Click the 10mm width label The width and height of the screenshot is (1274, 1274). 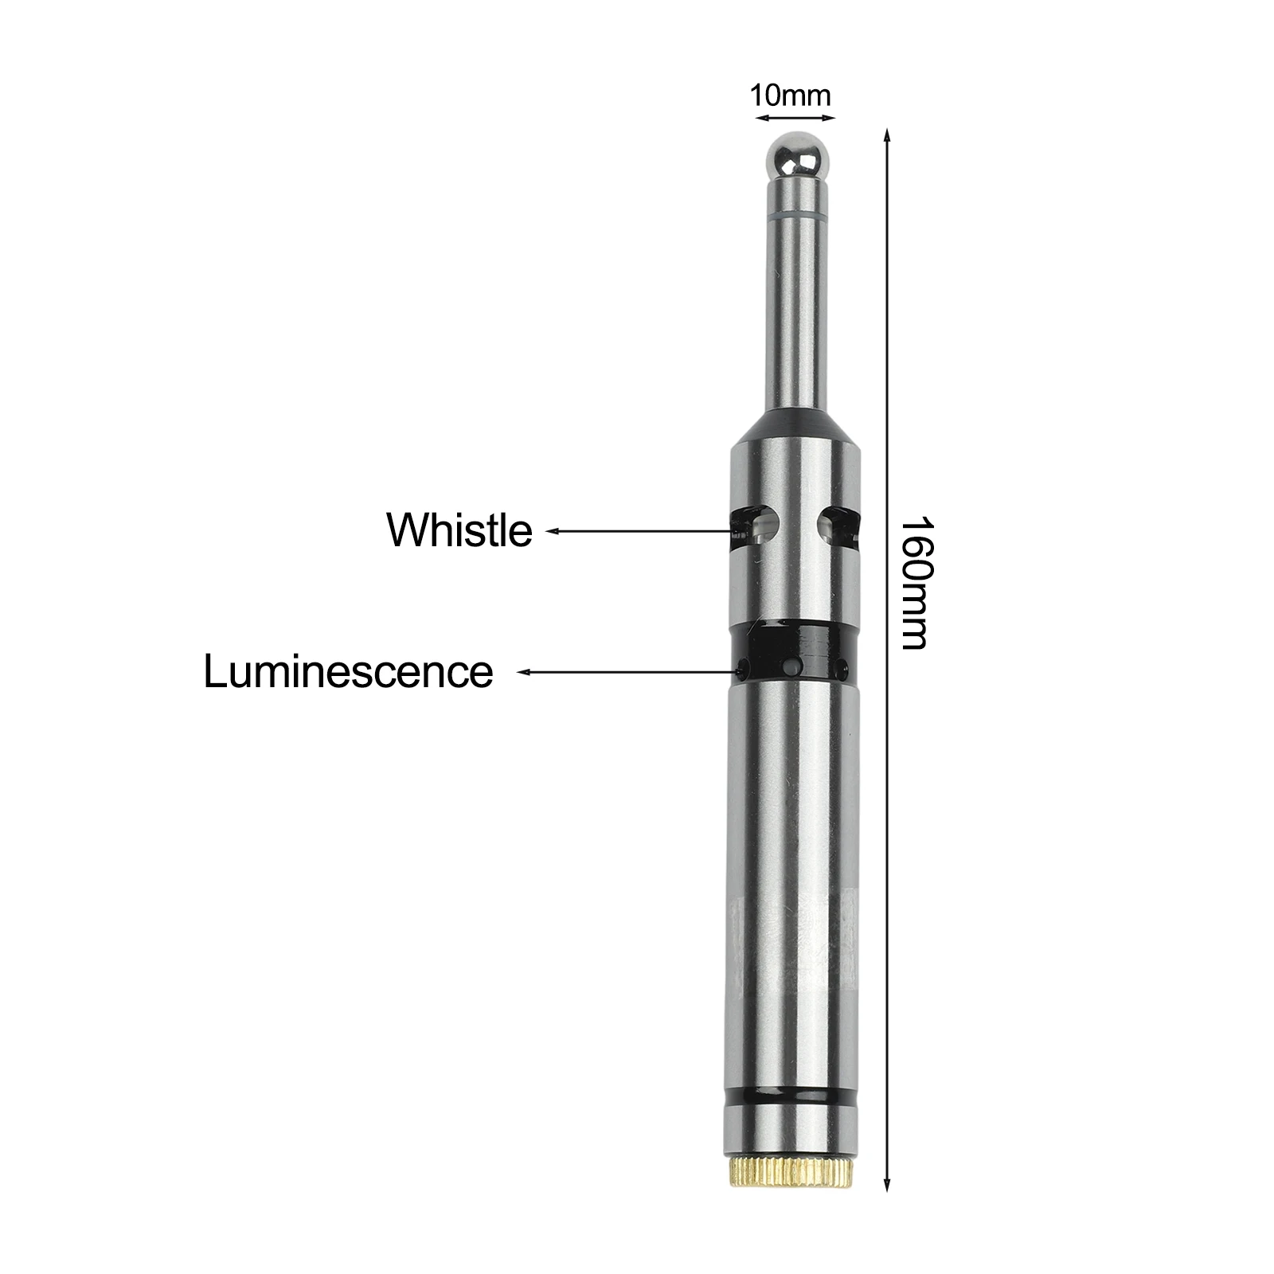[x=790, y=96]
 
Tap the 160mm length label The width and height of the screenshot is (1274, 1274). [x=913, y=583]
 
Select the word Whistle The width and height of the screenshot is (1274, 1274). [x=459, y=530]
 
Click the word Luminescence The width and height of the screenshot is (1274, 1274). [x=348, y=671]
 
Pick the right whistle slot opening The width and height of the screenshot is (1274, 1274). [x=837, y=526]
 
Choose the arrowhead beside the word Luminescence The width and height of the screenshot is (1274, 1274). [x=523, y=672]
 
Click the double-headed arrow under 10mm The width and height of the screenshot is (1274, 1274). [x=795, y=118]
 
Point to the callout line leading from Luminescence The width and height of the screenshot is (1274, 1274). [x=629, y=672]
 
